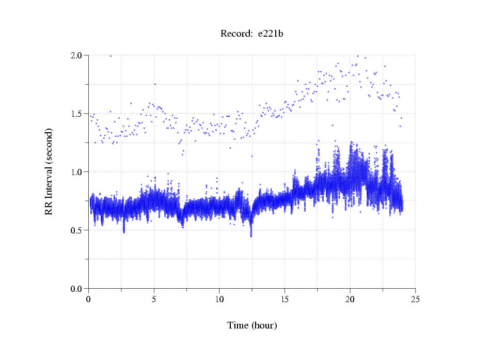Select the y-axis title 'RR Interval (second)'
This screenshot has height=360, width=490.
click(49, 171)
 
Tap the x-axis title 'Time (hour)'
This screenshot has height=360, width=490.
click(252, 325)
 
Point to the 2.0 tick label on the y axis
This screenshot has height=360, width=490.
click(76, 55)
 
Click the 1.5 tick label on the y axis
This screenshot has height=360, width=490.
click(76, 114)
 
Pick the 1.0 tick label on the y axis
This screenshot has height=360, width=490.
click(76, 172)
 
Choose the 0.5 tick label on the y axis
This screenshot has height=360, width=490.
click(76, 230)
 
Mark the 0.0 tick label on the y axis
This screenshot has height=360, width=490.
click(76, 289)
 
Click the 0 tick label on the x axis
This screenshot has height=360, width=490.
click(89, 299)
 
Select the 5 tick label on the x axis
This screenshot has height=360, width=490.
click(154, 299)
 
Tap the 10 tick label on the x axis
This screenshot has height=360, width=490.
click(219, 299)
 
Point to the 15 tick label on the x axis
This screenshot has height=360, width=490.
click(284, 299)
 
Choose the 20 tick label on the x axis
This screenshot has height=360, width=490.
click(350, 299)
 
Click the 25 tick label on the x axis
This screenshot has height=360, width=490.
click(415, 299)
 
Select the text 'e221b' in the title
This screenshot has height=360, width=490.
click(271, 34)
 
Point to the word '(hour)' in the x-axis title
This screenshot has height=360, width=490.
click(264, 325)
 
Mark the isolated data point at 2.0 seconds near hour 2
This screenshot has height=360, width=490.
click(110, 56)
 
